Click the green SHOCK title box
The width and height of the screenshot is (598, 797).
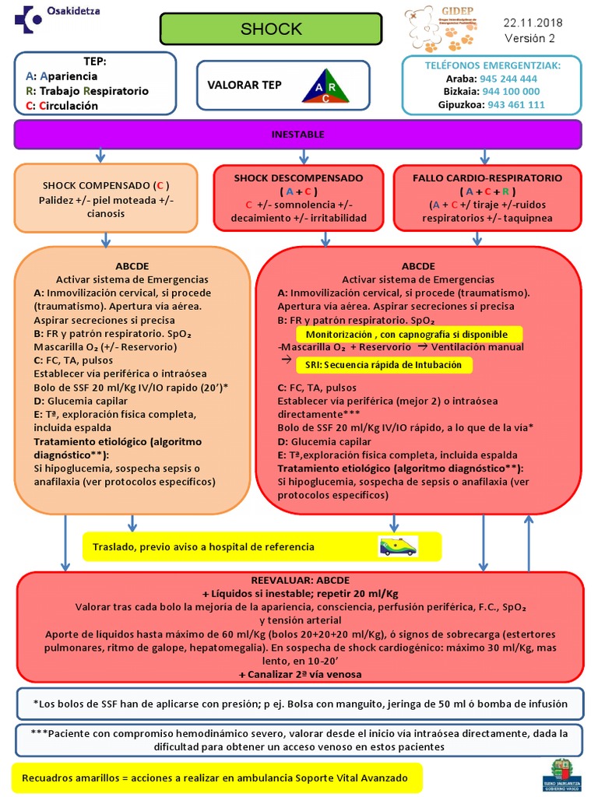coord(271,30)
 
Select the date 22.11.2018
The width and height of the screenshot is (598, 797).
coord(534,23)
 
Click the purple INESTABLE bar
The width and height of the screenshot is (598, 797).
coord(298,135)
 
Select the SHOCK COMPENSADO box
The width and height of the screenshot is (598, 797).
coord(106,198)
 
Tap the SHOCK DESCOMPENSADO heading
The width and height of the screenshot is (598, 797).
coord(298,178)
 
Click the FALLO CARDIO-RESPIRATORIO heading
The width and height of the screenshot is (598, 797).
coord(488,178)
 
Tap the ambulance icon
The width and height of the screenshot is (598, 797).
coord(397,546)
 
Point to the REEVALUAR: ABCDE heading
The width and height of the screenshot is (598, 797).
coord(300,581)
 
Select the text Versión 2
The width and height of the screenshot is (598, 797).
coord(529,38)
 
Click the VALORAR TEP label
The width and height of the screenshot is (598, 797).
coord(244,85)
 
